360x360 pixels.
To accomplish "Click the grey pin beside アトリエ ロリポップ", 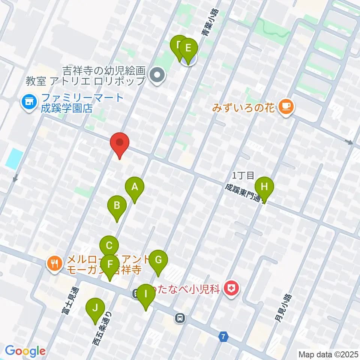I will [x=157, y=75].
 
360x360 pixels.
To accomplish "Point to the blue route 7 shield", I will [x=223, y=337].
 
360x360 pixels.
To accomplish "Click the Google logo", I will [x=25, y=351].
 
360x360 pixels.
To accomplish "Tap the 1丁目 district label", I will [x=243, y=175].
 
